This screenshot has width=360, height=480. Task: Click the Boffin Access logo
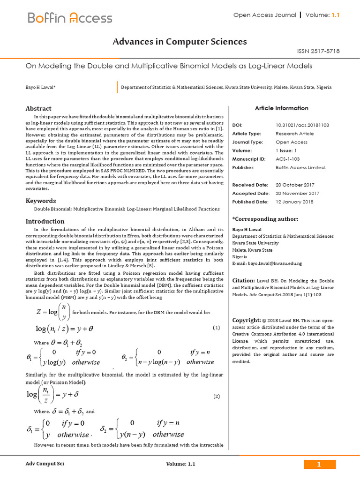click(x=70, y=18)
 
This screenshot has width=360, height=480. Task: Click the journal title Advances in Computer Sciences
click(x=180, y=42)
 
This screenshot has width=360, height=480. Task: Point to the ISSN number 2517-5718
click(x=319, y=51)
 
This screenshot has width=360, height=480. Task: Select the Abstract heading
click(x=38, y=108)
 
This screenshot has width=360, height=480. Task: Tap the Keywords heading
click(x=41, y=201)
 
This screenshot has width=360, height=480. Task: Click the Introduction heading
click(x=45, y=221)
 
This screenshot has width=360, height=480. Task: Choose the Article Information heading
click(x=281, y=108)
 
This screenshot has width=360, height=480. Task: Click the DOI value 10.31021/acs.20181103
click(x=302, y=125)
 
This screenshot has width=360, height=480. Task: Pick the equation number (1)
click(x=216, y=328)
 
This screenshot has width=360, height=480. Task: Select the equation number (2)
click(x=216, y=396)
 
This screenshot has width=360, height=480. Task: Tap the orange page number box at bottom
click(x=320, y=464)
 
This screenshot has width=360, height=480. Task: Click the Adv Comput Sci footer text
click(x=45, y=464)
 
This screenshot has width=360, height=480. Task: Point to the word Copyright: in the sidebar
click(x=247, y=320)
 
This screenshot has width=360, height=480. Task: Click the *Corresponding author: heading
click(x=265, y=219)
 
